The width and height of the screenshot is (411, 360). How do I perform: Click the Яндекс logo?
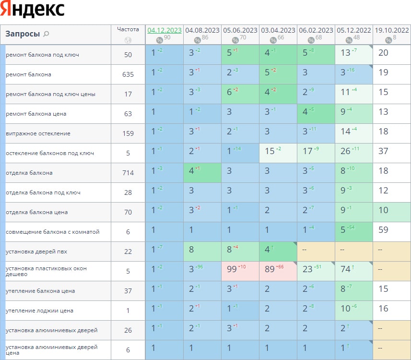click(x=33, y=10)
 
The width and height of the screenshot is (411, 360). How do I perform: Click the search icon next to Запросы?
click(x=46, y=34)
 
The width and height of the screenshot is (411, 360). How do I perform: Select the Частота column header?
click(x=128, y=29)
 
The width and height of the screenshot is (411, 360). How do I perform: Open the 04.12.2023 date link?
click(x=164, y=30)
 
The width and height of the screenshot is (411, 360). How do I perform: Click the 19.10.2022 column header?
click(x=392, y=30)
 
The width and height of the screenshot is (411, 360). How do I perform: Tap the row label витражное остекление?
click(x=38, y=133)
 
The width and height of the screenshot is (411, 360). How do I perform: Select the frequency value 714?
click(x=128, y=173)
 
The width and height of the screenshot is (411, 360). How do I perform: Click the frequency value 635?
click(x=128, y=74)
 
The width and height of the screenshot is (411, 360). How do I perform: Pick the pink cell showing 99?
click(x=232, y=269)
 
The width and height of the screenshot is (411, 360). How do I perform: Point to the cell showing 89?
click(x=270, y=269)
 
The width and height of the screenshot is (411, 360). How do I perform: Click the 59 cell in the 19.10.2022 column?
click(x=383, y=230)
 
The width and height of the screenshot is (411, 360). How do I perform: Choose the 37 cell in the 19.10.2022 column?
click(x=383, y=151)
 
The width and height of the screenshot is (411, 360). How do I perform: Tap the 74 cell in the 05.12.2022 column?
click(x=345, y=269)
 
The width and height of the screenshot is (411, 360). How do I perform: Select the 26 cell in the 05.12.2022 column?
click(x=345, y=151)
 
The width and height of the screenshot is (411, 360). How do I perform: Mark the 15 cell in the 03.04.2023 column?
click(x=270, y=151)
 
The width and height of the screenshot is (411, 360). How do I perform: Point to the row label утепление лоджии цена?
click(x=39, y=311)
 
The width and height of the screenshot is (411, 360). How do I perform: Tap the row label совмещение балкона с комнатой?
click(x=53, y=232)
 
